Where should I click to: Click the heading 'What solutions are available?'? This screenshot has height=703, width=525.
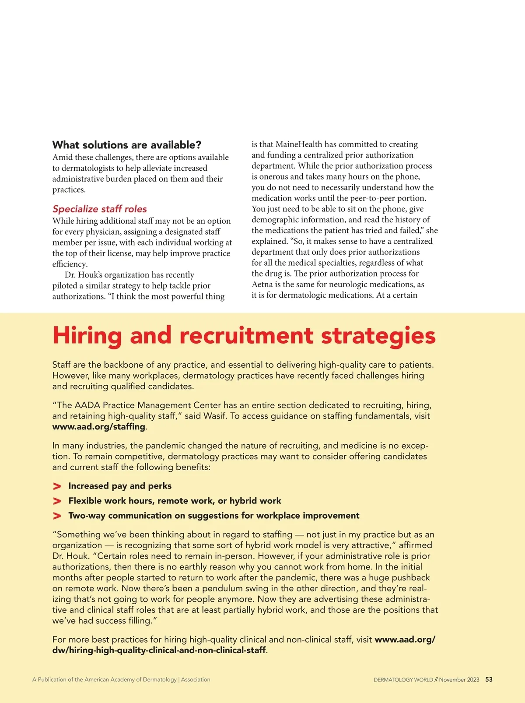126,145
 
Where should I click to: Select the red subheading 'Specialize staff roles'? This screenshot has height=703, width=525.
100,209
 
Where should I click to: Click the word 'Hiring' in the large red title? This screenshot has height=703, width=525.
87,336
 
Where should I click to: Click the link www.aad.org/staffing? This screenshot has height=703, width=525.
98,426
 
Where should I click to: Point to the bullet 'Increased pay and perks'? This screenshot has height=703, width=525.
120,486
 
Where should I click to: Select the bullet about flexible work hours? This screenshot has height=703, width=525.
175,501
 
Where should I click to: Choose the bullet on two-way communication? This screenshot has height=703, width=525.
214,516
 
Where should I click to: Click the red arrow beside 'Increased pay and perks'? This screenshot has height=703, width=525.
57,486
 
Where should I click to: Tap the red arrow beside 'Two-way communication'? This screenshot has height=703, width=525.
57,516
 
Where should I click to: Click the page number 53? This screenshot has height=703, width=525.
489,679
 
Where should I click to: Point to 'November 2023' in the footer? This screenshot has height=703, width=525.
459,680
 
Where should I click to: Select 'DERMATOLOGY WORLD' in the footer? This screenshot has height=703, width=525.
403,680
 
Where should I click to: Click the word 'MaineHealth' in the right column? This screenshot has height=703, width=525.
299,144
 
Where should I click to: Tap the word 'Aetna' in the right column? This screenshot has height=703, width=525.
262,285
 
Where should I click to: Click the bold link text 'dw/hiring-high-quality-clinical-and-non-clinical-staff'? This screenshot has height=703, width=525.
159,650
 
